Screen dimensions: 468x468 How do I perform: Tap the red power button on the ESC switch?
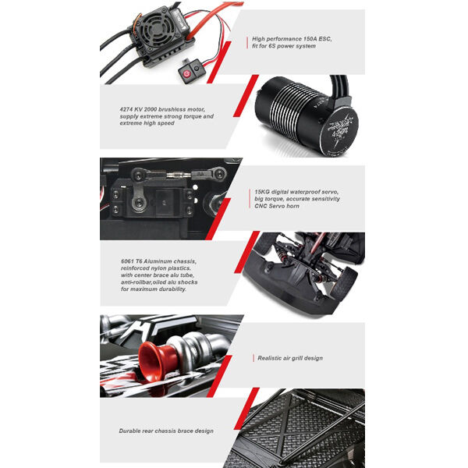click(186, 73)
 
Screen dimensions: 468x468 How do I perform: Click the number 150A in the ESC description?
click(310, 39)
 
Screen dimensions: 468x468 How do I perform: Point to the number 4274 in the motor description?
click(126, 109)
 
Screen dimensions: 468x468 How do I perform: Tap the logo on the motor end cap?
click(342, 129)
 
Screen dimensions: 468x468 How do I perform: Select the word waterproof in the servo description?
click(303, 192)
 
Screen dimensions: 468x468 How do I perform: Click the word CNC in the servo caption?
click(261, 206)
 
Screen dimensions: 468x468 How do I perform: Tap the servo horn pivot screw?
click(138, 203)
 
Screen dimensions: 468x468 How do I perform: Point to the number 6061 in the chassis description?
click(127, 261)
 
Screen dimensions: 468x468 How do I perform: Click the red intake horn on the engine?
click(155, 361)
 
